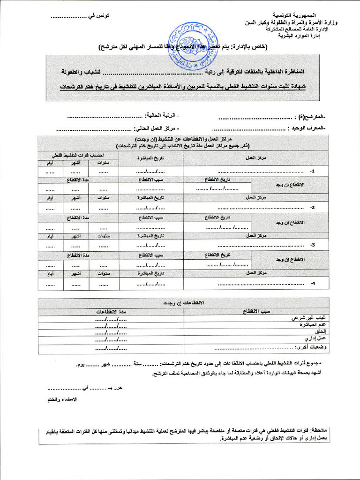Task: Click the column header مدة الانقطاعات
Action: click(111, 311)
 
